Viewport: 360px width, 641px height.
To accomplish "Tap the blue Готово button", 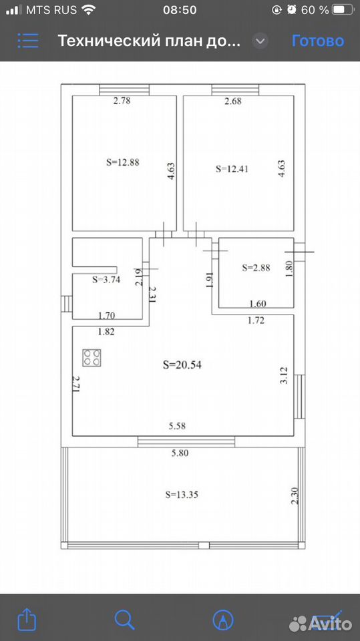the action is (x=318, y=41).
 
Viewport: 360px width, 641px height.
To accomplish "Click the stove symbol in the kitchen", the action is (x=92, y=357).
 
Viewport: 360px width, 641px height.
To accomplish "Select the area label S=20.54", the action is (x=182, y=365).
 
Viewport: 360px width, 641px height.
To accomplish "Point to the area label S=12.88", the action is (x=123, y=162).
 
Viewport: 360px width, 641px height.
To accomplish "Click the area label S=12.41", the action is (x=232, y=169).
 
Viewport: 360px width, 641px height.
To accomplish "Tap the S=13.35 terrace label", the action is (x=182, y=494).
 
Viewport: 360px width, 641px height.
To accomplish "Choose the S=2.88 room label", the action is (x=256, y=268).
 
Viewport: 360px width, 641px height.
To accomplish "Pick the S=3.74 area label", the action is (x=106, y=280).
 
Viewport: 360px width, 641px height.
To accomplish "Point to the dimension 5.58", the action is (x=177, y=426).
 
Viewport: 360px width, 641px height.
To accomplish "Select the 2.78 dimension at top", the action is (x=122, y=101).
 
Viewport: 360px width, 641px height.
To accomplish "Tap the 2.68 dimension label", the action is (x=233, y=101).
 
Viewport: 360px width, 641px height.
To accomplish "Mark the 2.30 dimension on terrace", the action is (x=295, y=496).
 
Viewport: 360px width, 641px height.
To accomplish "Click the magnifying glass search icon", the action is (x=124, y=620).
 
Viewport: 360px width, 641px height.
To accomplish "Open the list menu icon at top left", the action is (x=28, y=41).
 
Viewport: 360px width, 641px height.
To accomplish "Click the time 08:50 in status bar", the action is (x=180, y=10).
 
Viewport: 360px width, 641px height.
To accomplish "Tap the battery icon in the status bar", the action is (x=343, y=10).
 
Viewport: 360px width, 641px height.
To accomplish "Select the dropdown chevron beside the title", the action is (x=260, y=41).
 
